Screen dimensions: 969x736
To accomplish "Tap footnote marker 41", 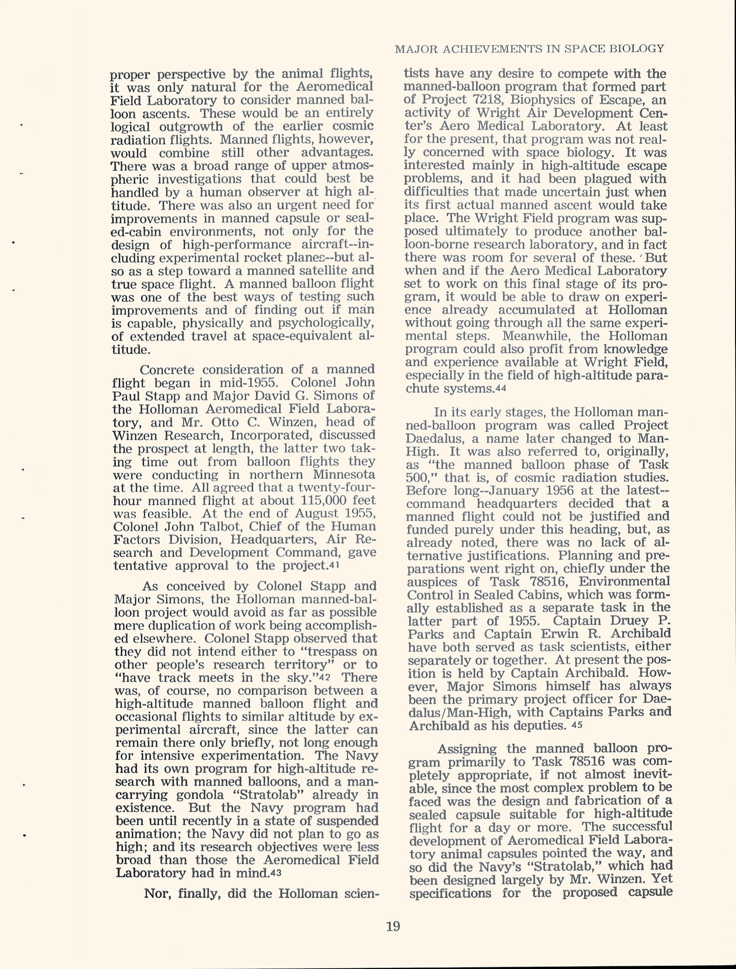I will (334, 565).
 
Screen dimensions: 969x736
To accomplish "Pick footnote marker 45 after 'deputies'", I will (577, 725).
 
